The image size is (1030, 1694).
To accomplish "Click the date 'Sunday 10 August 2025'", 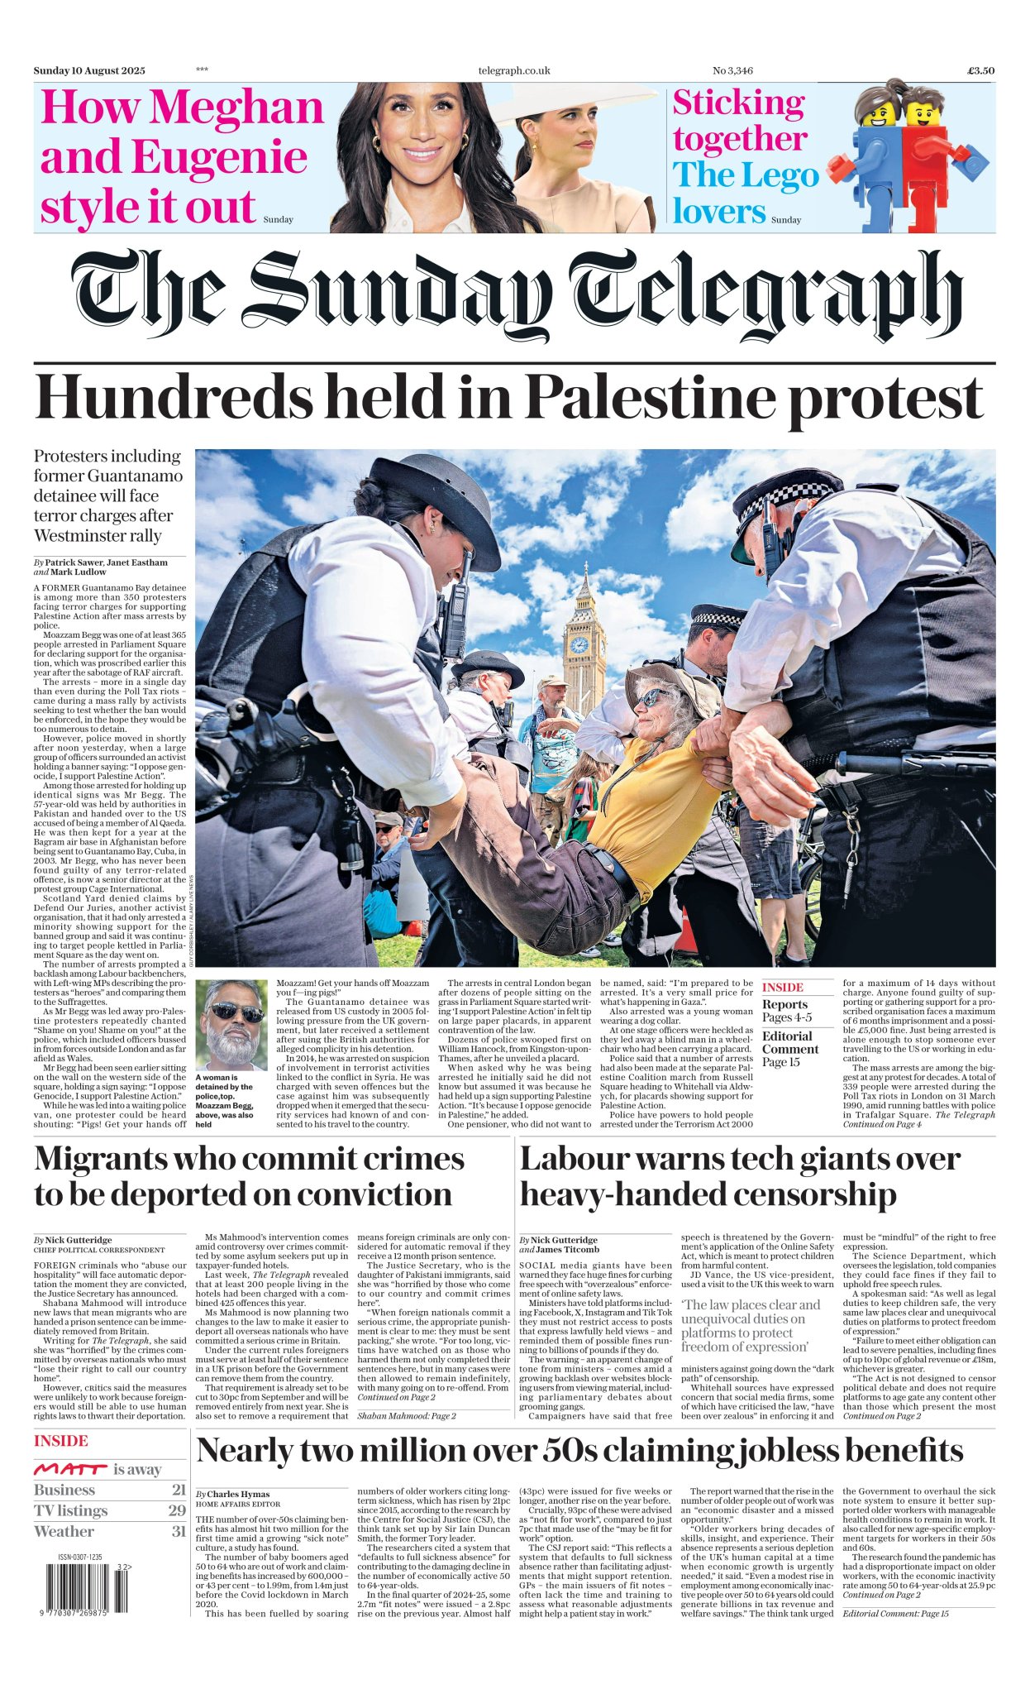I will (89, 71).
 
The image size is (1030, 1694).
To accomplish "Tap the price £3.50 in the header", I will (980, 71).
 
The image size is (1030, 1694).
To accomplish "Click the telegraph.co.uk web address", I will (513, 71).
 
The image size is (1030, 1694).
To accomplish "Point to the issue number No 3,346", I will (732, 71).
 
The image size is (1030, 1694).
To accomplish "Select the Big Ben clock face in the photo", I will (579, 644).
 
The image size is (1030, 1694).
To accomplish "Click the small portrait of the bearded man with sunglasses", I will (231, 1025).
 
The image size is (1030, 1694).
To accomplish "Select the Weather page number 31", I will (179, 1531).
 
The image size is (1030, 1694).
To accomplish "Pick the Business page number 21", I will (179, 1490).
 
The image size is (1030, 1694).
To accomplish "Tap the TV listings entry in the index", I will (71, 1510).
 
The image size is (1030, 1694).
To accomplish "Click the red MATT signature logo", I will (70, 1470).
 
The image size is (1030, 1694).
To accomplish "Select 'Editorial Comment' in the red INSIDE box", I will (790, 1042).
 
